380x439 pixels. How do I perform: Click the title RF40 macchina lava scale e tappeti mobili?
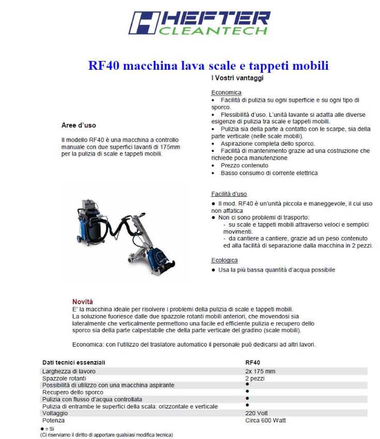(x=208, y=66)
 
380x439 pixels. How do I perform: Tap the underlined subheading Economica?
(x=226, y=92)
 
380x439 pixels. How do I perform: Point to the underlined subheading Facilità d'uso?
(x=229, y=194)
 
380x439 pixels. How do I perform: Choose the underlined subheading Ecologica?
(x=224, y=260)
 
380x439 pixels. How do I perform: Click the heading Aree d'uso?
(x=79, y=126)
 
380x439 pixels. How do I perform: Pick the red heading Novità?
(x=83, y=302)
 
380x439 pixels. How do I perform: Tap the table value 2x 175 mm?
(x=260, y=371)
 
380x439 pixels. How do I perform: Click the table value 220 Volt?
(x=257, y=413)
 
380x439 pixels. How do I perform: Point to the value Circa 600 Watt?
(x=265, y=420)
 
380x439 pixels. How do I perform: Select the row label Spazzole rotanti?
(x=64, y=379)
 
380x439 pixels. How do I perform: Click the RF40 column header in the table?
(x=252, y=363)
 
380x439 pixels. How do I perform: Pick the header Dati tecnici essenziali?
(x=73, y=363)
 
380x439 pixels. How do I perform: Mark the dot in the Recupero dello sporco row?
(x=247, y=391)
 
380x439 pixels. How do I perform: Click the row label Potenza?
(x=54, y=420)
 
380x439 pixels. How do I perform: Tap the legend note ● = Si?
(x=47, y=429)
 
